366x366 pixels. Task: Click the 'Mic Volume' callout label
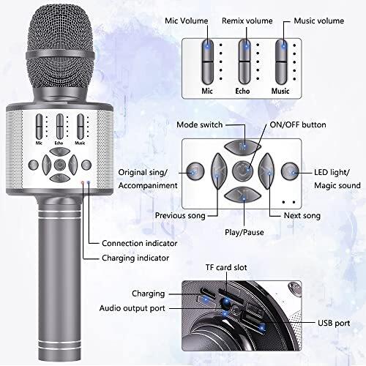pyautogui.click(x=187, y=20)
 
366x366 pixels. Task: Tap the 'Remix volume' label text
pyautogui.click(x=247, y=20)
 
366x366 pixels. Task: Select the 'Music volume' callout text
pyautogui.click(x=319, y=20)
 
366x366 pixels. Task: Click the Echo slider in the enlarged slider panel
pyautogui.click(x=244, y=62)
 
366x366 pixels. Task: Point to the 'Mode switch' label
pyautogui.click(x=200, y=124)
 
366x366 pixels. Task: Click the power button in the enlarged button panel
pyautogui.click(x=243, y=171)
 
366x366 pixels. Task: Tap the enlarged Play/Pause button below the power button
pyautogui.click(x=243, y=195)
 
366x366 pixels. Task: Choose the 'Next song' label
pyautogui.click(x=302, y=216)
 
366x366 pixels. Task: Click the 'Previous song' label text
pyautogui.click(x=180, y=216)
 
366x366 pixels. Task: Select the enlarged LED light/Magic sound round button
pyautogui.click(x=290, y=171)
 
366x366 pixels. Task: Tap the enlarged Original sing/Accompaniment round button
pyautogui.click(x=195, y=171)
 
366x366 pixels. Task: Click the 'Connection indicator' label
pyautogui.click(x=140, y=243)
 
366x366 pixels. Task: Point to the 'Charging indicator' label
pyautogui.click(x=135, y=258)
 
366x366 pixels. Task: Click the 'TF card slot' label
pyautogui.click(x=226, y=267)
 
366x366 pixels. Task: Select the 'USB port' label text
pyautogui.click(x=334, y=324)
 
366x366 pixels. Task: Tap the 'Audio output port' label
pyautogui.click(x=132, y=308)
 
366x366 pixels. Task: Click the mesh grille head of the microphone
pyautogui.click(x=60, y=46)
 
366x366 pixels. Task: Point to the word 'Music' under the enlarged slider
pyautogui.click(x=280, y=91)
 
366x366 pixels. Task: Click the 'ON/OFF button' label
pyautogui.click(x=298, y=124)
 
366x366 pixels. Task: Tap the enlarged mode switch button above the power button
pyautogui.click(x=243, y=147)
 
